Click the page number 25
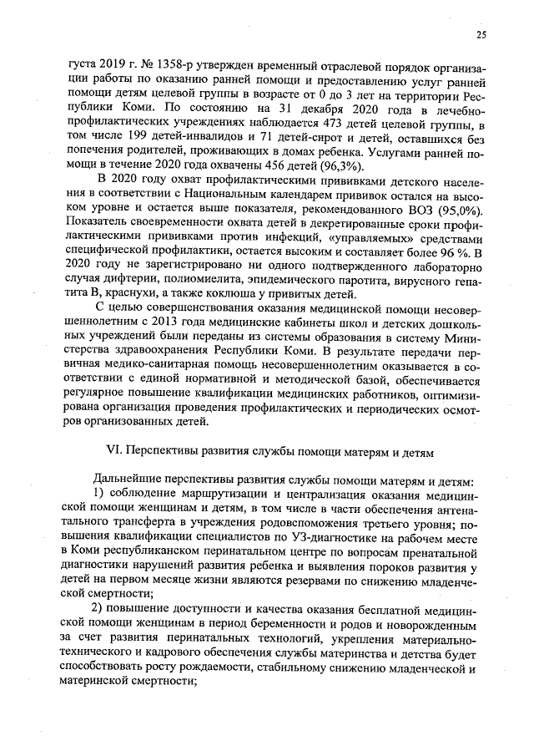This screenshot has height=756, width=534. pos(481,34)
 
